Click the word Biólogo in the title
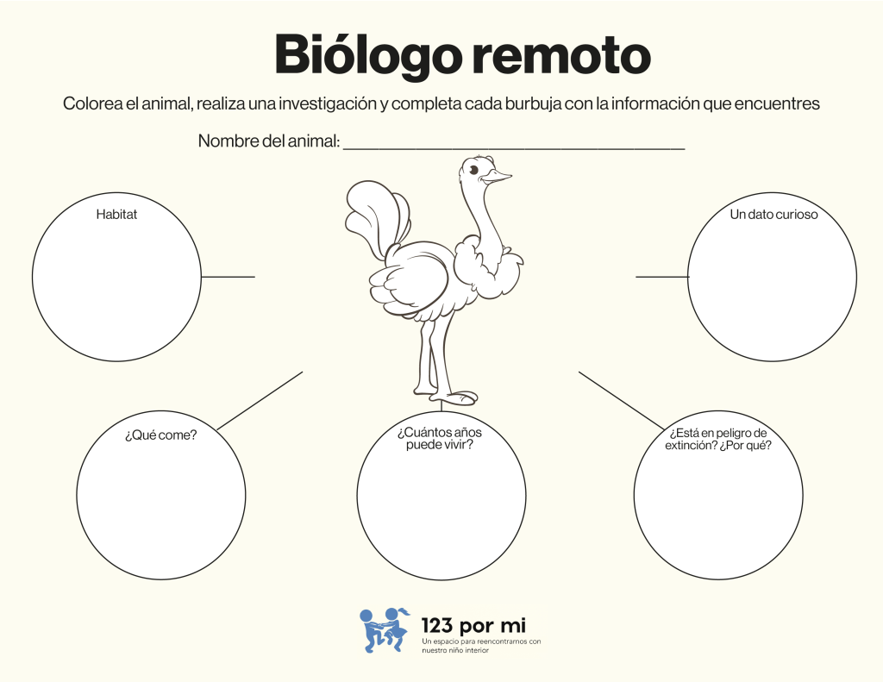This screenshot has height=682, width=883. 365,56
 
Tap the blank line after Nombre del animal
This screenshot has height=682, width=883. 514,148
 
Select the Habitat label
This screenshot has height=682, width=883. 116,214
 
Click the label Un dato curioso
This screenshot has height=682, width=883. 773,214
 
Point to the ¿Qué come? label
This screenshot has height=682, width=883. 161,435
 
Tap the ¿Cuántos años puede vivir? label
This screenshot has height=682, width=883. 439,438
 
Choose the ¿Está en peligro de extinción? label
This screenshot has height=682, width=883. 718,439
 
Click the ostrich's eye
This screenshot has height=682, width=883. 473,170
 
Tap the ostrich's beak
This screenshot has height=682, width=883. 497,176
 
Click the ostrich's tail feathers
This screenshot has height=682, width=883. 374,216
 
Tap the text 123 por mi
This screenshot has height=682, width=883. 473,625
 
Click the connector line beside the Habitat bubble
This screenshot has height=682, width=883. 228,277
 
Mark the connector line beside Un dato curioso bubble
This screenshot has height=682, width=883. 662,277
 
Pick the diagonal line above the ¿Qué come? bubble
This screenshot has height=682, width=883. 260,400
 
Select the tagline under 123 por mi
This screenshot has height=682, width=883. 481,646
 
